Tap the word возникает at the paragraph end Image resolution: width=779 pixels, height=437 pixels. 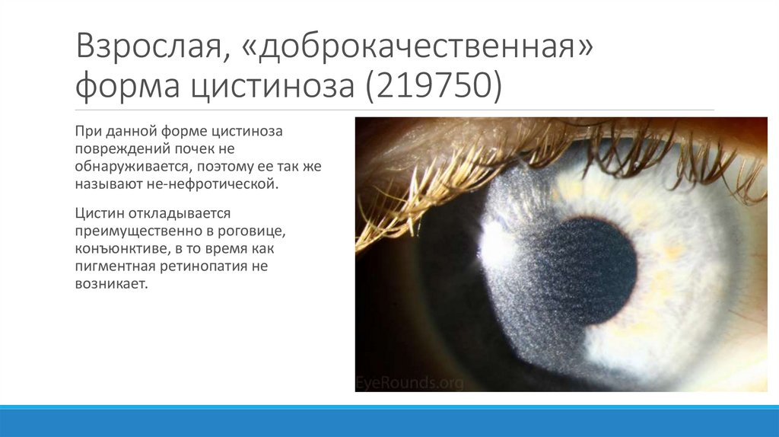pyautogui.click(x=109, y=284)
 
